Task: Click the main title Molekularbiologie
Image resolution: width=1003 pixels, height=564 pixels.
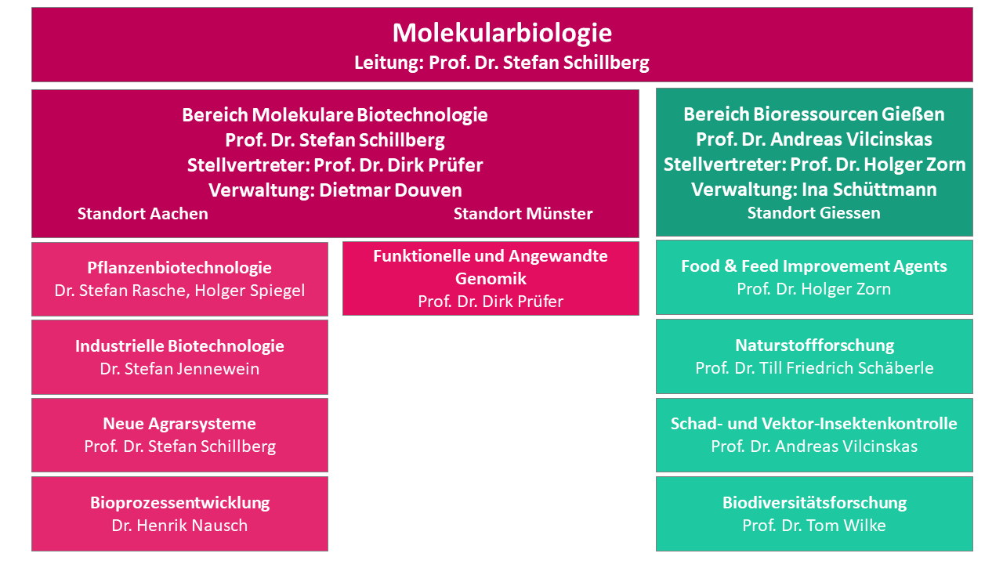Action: point(502,33)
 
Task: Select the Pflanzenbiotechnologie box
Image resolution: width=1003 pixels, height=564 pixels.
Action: point(179,280)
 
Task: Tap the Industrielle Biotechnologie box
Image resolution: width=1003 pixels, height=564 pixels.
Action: point(179,357)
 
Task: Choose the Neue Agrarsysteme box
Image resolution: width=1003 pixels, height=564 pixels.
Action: point(179,435)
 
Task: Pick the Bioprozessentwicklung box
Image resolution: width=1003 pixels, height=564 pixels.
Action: point(179,514)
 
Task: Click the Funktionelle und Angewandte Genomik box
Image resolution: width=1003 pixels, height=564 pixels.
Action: point(491,278)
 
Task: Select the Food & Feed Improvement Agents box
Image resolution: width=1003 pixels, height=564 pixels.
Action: point(814,277)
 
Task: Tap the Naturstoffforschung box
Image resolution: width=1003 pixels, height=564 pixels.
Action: point(814,356)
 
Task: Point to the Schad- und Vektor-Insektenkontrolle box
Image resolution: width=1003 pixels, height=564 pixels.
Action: point(814,435)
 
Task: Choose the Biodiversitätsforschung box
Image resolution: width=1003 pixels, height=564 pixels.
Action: point(814,514)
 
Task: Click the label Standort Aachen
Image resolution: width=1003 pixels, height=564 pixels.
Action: point(143,214)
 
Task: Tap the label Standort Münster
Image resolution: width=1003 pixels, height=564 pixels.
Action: point(523,214)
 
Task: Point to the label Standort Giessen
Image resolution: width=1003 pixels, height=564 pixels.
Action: point(813,212)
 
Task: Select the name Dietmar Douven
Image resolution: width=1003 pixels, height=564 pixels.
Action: point(390,190)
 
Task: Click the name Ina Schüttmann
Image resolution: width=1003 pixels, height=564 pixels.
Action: point(869,190)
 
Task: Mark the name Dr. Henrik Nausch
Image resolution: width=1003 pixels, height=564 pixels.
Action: point(179,525)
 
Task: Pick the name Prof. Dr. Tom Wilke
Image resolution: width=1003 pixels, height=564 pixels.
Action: point(814,525)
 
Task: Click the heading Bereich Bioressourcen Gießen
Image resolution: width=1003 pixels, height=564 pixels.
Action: point(814,114)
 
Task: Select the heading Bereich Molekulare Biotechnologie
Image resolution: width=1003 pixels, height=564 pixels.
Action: point(335,115)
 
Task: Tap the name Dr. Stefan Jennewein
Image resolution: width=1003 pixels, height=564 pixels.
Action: point(179,368)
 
